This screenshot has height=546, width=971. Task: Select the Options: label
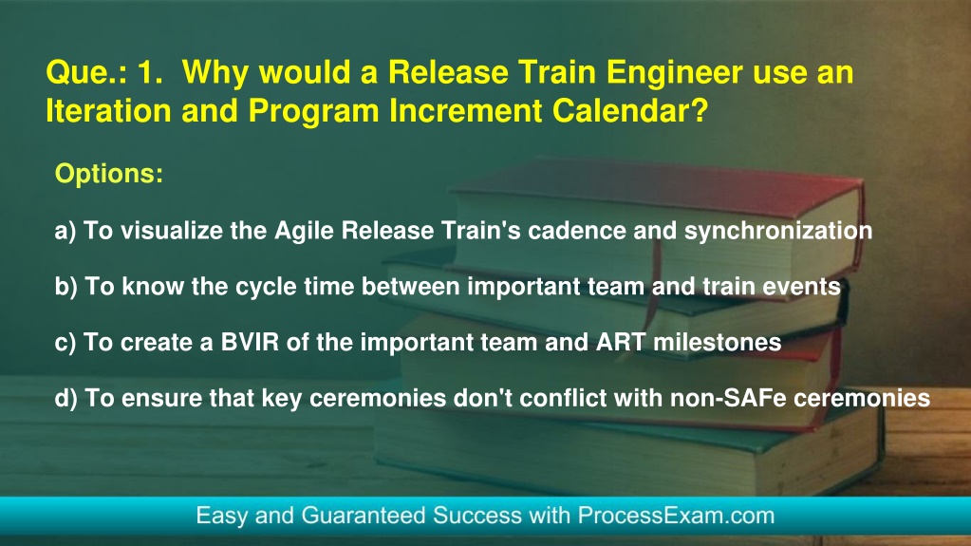[x=109, y=174]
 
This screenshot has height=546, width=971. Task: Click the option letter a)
[x=65, y=231]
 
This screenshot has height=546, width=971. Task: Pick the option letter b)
[x=65, y=287]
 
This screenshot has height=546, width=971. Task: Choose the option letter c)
[x=65, y=343]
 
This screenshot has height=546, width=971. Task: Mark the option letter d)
[x=65, y=398]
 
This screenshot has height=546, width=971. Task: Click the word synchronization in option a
[x=777, y=231]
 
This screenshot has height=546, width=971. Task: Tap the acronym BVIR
[x=250, y=342]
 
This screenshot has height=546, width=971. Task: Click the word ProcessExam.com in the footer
[x=676, y=516]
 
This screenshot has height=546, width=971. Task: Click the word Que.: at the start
[x=86, y=73]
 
